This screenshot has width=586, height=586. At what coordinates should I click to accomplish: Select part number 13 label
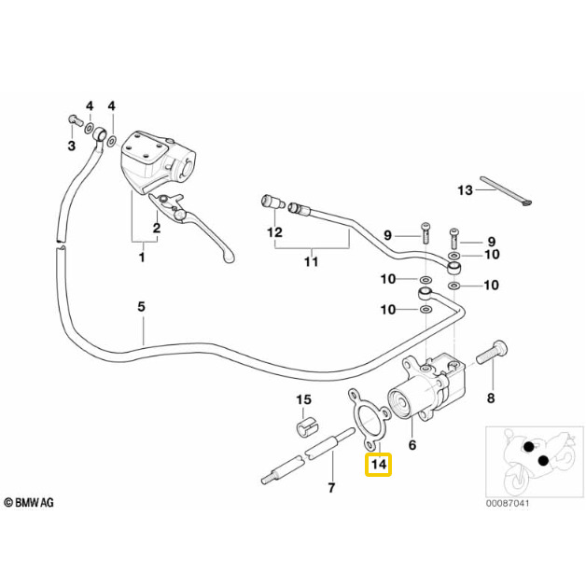coord(465,190)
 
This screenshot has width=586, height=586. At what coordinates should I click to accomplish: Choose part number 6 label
coord(412,446)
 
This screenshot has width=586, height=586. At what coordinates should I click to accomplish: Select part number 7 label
coord(330,488)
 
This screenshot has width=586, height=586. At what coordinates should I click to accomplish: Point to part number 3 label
coord(71,146)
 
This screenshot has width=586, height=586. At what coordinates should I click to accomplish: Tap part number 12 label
coord(274,230)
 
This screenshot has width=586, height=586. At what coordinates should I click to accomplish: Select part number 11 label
coord(312,261)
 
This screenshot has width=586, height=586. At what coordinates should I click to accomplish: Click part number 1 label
coord(142,256)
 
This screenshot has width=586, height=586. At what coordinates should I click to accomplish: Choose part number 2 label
coord(157,227)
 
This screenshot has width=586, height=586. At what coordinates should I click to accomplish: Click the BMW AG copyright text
coord(30,502)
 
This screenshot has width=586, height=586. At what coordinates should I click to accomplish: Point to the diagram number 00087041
coord(507,504)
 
